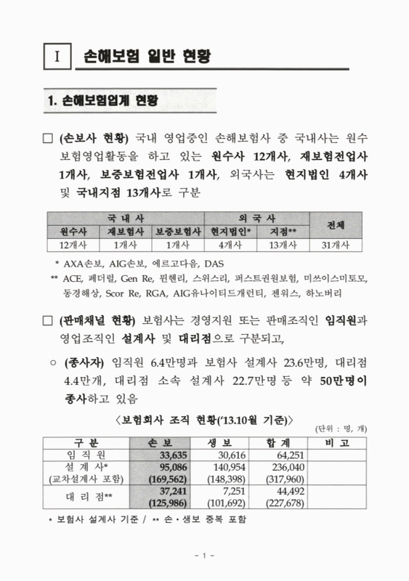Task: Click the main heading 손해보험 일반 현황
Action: (143, 56)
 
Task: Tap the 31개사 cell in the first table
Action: (336, 245)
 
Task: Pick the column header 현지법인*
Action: (231, 232)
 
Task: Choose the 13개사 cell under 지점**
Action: (283, 245)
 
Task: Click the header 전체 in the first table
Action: (336, 224)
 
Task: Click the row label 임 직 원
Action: (86, 454)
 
